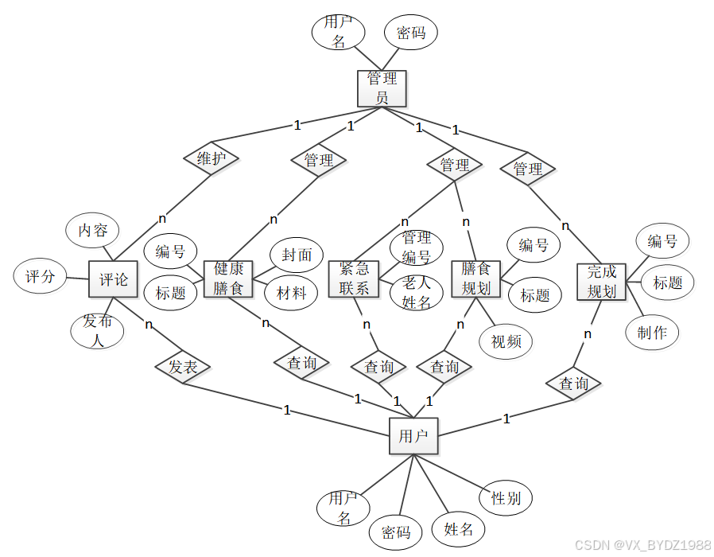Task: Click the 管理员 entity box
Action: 382,88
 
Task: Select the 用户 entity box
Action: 413,436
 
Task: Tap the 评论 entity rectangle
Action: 113,279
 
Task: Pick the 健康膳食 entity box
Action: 228,279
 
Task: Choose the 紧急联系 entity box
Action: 354,279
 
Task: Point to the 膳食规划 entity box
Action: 475,279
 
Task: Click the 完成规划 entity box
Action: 602,282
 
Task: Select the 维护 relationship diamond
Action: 211,158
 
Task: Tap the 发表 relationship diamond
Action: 183,367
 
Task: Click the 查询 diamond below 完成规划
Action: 574,384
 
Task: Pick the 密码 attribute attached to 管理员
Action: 411,33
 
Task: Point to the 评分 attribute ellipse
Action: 40,278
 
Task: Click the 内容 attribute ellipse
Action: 92,231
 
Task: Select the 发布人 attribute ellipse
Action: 98,331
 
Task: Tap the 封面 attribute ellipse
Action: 297,255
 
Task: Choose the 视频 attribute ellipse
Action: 506,341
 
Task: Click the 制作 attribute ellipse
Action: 652,333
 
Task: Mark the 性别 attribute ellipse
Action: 506,499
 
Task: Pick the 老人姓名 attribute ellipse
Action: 416,292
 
